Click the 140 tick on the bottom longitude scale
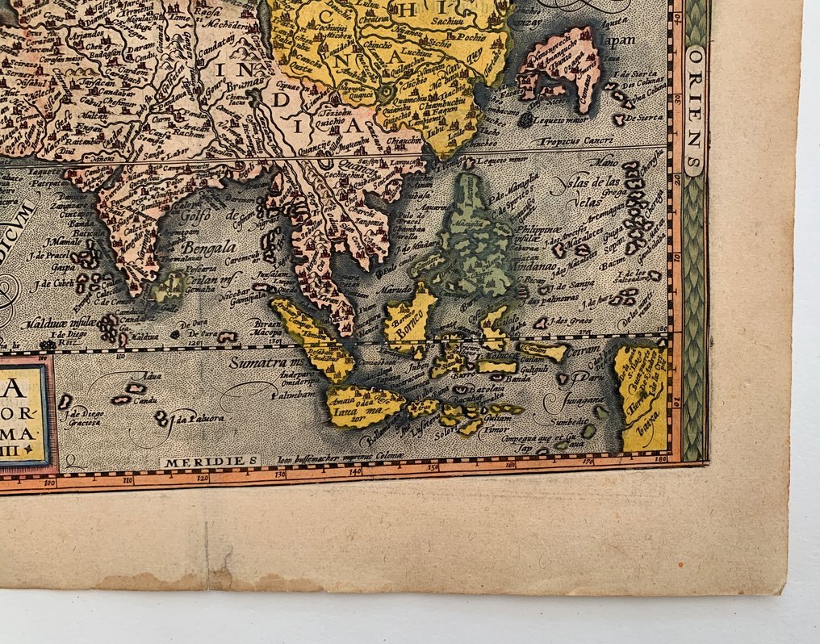pos(354,470)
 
